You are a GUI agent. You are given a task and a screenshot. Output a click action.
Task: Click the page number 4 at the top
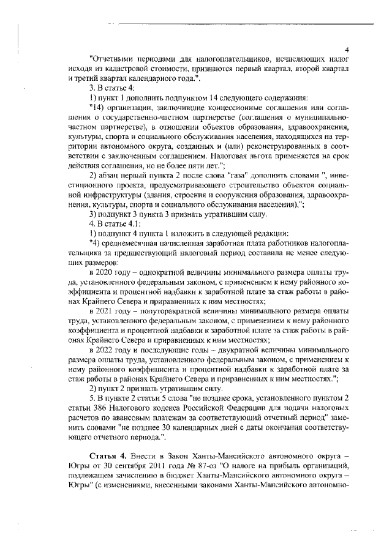coord(347,50)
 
